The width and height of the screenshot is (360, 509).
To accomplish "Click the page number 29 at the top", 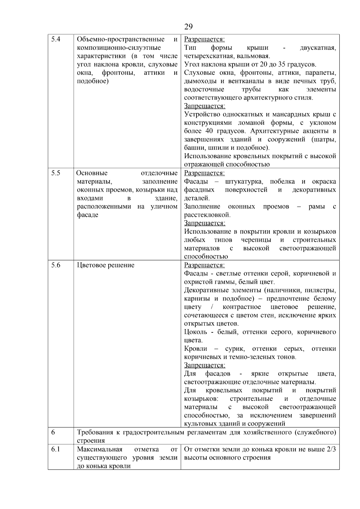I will [x=188, y=27].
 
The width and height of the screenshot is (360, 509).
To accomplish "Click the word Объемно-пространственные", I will [x=121, y=39].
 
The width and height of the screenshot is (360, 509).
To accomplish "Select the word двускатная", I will [x=318, y=48].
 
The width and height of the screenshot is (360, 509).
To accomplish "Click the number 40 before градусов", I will [x=209, y=131].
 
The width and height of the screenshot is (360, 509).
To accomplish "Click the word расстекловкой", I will [x=207, y=215].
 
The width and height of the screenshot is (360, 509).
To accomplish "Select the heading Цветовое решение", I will [x=106, y=265].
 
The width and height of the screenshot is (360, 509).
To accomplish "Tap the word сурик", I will [x=235, y=349].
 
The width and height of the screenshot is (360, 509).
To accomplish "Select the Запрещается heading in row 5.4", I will [x=205, y=106].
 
